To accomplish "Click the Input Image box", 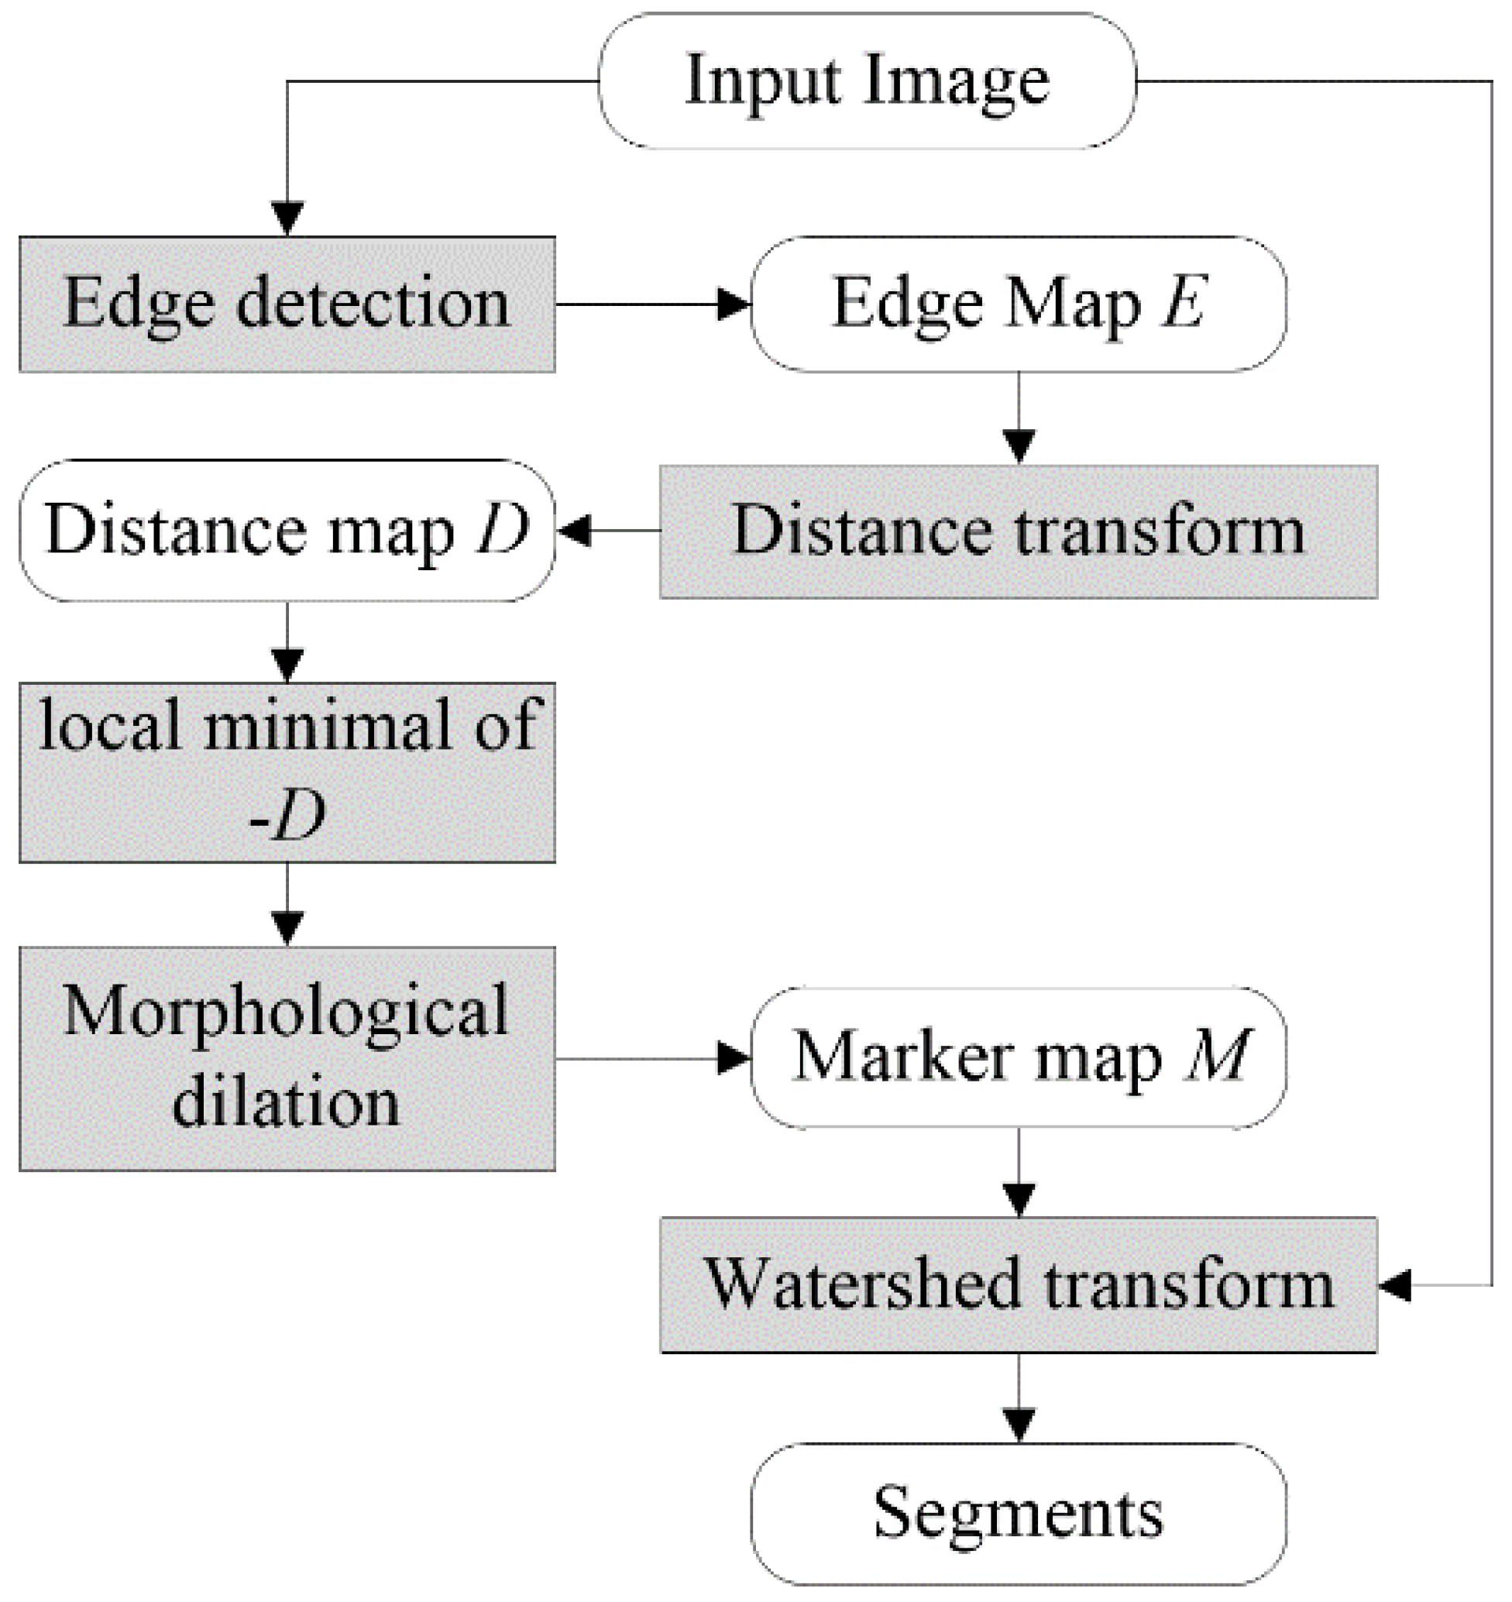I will click(x=868, y=81).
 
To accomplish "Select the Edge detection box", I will click(x=287, y=304).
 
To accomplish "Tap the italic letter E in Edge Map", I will click(x=1183, y=303).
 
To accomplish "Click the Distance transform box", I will click(x=1019, y=532).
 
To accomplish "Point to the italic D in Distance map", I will click(x=503, y=529).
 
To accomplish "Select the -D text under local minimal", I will click(x=287, y=816).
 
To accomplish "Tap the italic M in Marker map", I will click(x=1217, y=1056).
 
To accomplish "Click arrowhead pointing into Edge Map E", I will click(x=734, y=304).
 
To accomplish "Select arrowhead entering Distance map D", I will click(x=574, y=531).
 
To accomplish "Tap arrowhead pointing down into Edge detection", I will click(x=287, y=218).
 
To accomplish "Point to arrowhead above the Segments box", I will click(x=1019, y=1425).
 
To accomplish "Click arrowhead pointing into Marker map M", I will click(x=734, y=1059).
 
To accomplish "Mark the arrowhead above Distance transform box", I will click(x=1019, y=445).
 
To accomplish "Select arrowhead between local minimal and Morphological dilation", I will click(x=287, y=926).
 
